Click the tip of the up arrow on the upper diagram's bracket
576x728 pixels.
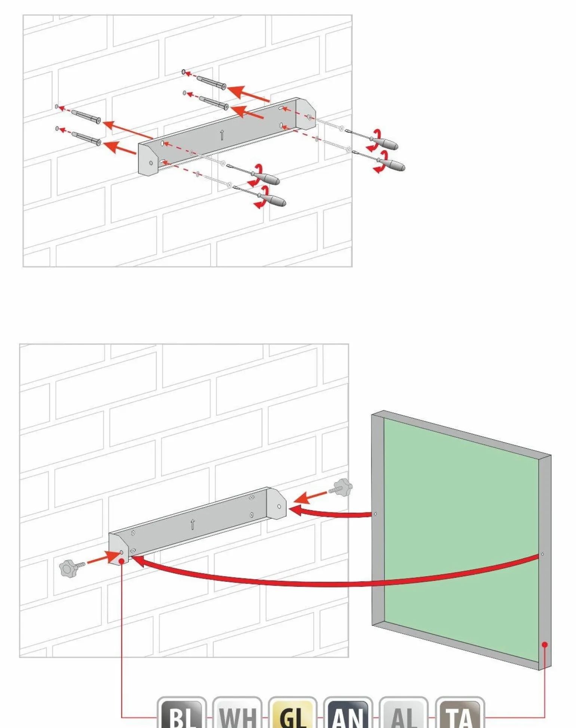click(222, 130)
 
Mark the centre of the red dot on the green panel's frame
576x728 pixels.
click(545, 645)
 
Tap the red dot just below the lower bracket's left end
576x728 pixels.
click(121, 561)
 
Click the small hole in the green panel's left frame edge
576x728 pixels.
click(375, 514)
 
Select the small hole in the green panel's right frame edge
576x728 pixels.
click(542, 554)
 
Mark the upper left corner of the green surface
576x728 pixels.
click(384, 418)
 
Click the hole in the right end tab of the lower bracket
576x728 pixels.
click(279, 506)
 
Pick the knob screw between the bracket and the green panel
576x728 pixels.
click(341, 488)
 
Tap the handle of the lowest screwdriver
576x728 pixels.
click(272, 200)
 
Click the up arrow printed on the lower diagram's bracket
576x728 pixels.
click(193, 524)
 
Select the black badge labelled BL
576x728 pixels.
click(182, 713)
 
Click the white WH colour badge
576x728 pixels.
click(237, 713)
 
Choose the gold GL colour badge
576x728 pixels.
click(293, 713)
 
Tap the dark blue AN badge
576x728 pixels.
click(348, 713)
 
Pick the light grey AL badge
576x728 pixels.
click(404, 713)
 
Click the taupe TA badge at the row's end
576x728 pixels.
click(460, 713)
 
